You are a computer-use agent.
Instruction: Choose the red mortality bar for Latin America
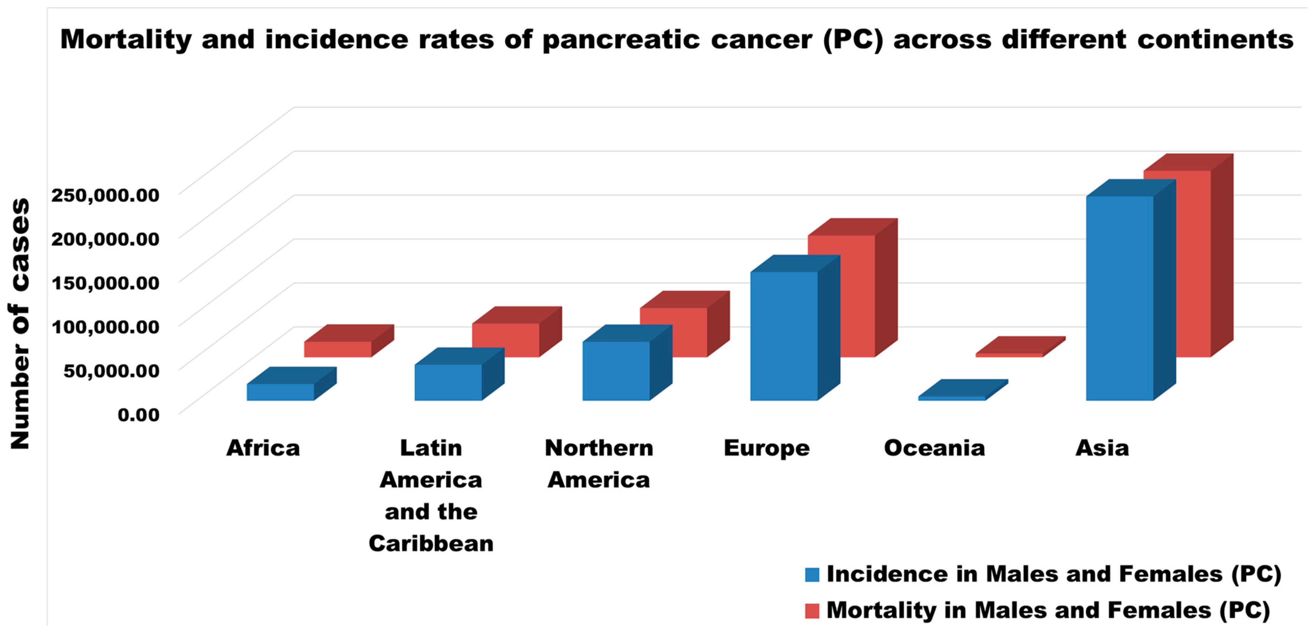(517, 332)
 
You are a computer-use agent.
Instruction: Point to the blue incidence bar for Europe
(795, 327)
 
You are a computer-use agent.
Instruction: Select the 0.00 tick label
(138, 414)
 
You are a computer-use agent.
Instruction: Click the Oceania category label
(934, 448)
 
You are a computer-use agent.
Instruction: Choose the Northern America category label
(599, 464)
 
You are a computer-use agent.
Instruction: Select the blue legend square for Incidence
(812, 574)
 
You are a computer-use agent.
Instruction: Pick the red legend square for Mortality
(812, 611)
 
